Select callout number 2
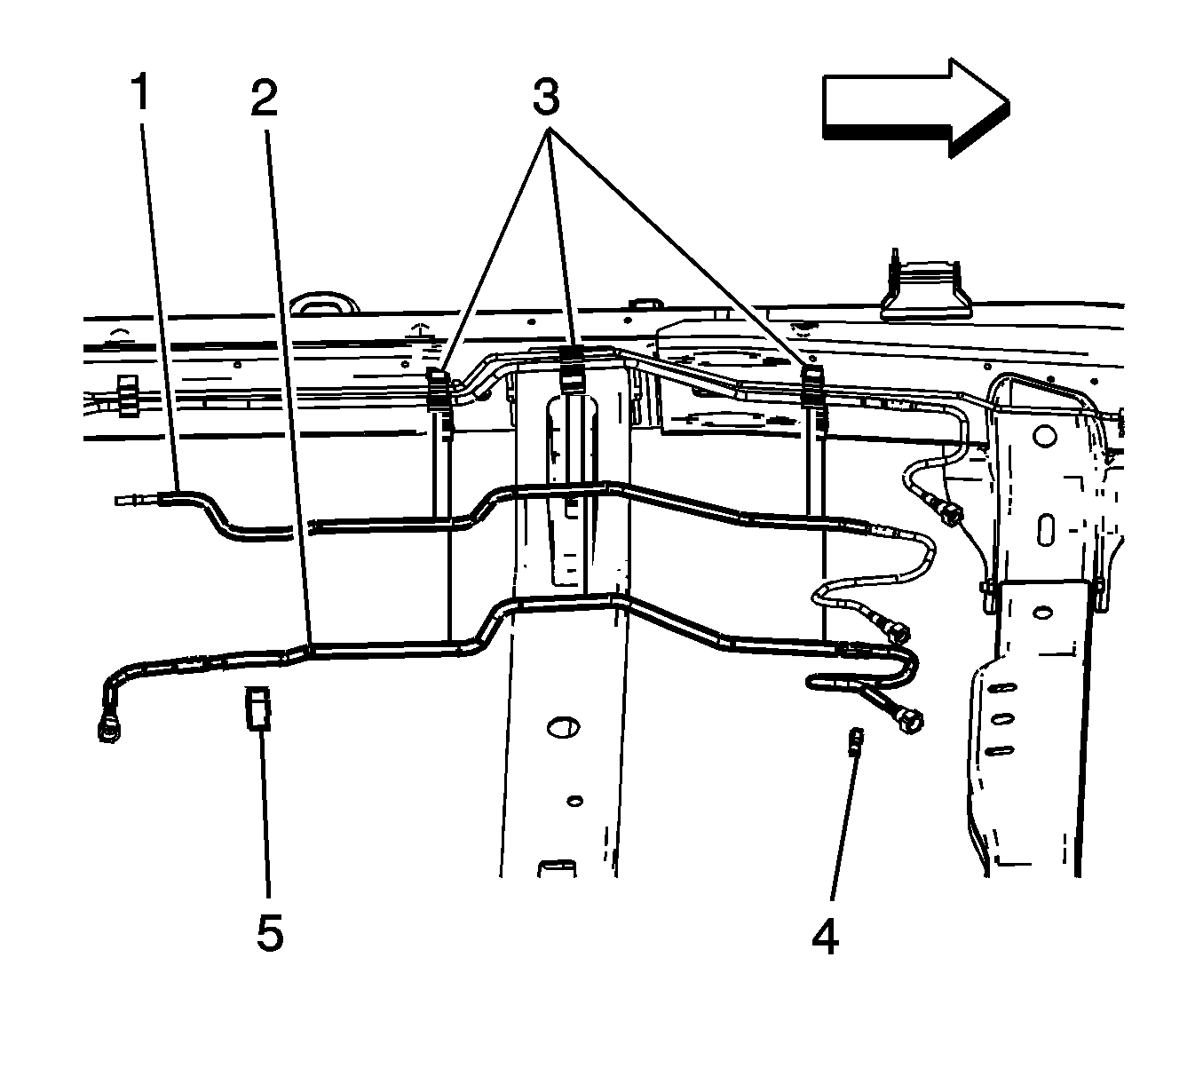[264, 98]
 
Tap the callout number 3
[546, 96]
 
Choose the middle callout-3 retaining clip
[572, 369]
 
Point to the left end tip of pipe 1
[116, 499]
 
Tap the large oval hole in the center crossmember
[563, 728]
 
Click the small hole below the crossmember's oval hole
[574, 801]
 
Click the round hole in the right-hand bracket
[1044, 434]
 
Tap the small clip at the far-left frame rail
[128, 395]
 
